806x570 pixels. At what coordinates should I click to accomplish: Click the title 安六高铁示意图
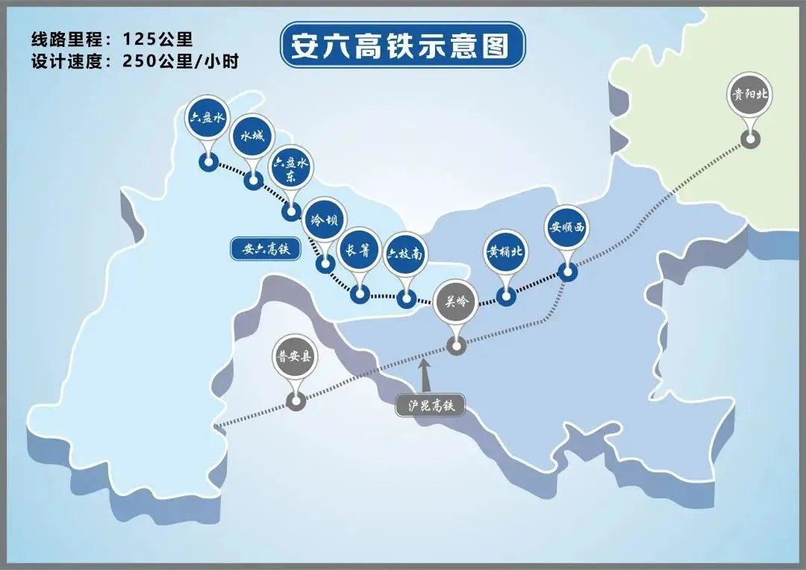[x=402, y=45]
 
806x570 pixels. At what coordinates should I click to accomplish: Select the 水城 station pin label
[x=252, y=137]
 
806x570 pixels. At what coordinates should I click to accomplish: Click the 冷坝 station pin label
[x=325, y=221]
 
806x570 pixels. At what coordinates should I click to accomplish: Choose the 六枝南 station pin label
[x=405, y=254]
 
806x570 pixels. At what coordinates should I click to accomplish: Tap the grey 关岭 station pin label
[x=455, y=302]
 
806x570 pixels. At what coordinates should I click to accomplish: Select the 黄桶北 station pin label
[x=506, y=251]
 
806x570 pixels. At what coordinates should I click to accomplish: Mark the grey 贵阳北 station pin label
[x=749, y=95]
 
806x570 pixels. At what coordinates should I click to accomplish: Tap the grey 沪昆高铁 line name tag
[x=430, y=406]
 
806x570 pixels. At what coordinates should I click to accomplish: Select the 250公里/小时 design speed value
[x=179, y=61]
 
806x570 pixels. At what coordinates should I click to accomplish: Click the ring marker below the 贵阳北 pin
[x=750, y=139]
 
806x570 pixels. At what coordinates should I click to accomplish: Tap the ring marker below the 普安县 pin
[x=296, y=402]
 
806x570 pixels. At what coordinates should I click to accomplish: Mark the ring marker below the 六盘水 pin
[x=207, y=163]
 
